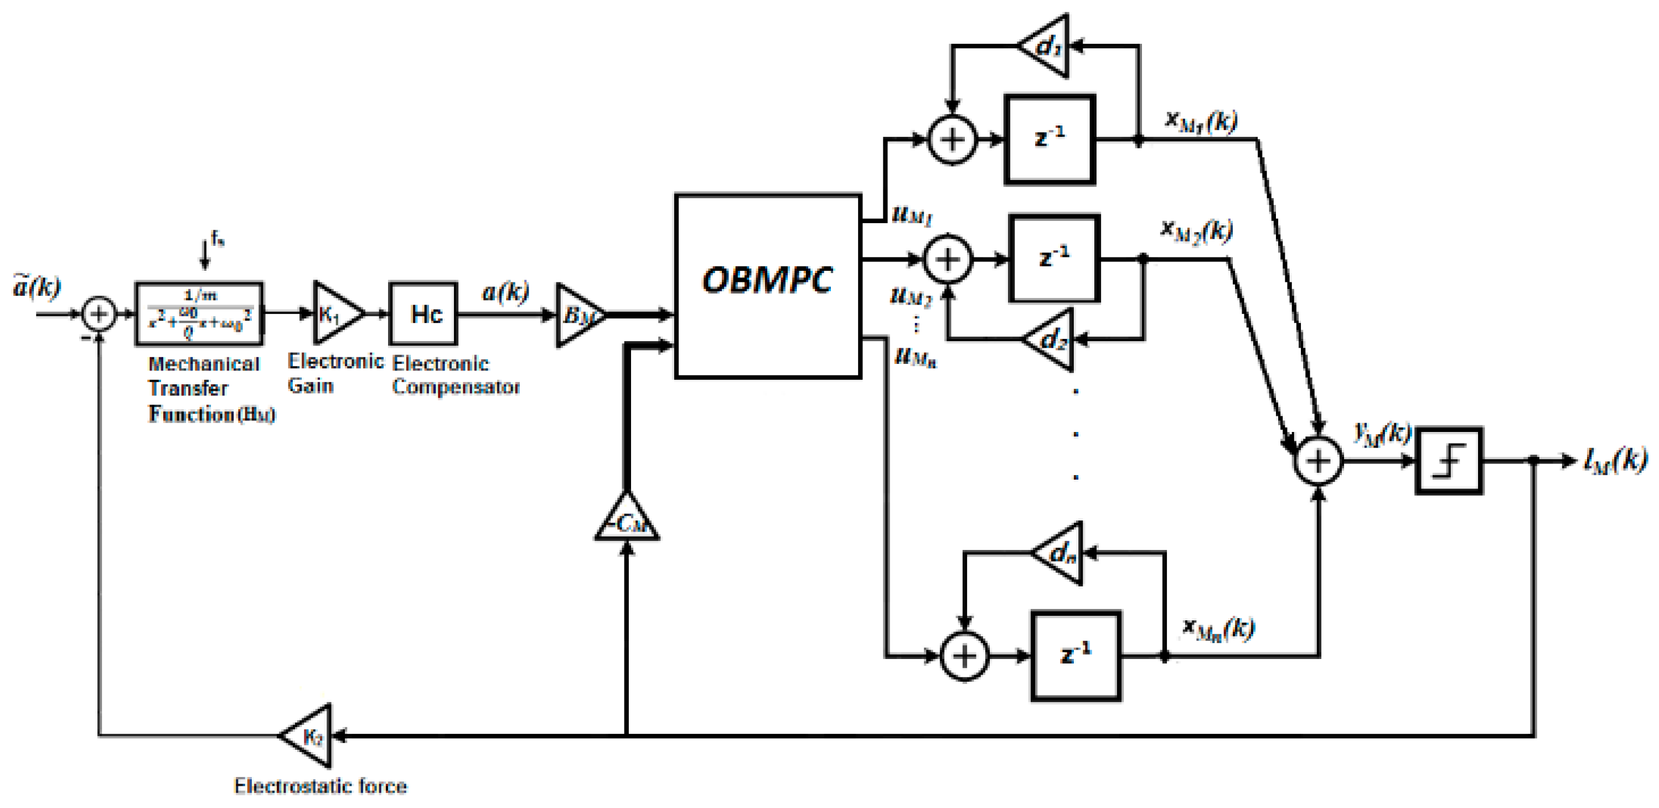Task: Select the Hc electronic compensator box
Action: tap(423, 314)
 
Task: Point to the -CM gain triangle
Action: tap(627, 520)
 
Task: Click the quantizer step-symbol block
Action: tap(1449, 461)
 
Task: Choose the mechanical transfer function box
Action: tap(199, 314)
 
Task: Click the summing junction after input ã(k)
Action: tap(99, 315)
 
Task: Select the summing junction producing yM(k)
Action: tap(1319, 461)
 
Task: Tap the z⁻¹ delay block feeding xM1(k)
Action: tap(1050, 139)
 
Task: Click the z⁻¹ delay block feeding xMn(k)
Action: tap(1076, 656)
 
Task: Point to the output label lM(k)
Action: tap(1615, 460)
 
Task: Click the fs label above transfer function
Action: tap(218, 241)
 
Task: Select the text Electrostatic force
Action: tap(320, 786)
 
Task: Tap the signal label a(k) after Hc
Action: tap(505, 292)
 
